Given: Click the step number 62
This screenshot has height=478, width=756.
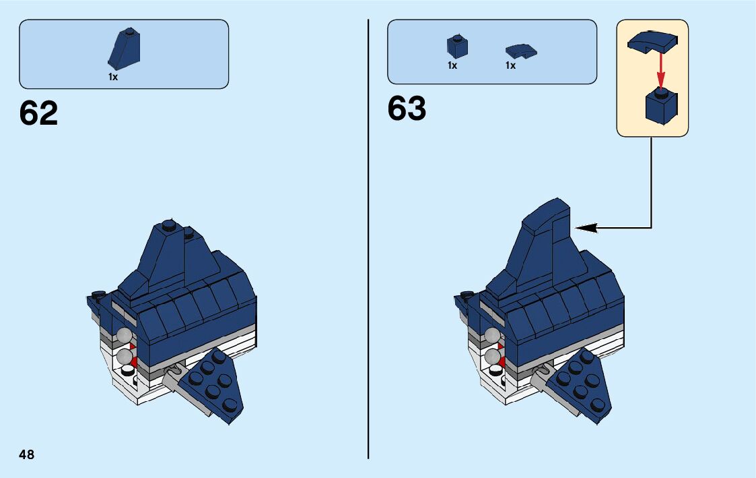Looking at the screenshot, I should coord(38,113).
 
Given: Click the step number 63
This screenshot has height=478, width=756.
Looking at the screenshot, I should coord(407,109).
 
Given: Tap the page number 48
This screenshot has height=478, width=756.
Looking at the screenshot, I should coord(27,454).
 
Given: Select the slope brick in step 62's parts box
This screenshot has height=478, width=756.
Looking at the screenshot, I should coord(124,49).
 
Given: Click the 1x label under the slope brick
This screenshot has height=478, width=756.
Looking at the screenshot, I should coord(113,77).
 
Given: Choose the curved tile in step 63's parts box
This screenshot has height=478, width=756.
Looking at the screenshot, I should coord(521,51).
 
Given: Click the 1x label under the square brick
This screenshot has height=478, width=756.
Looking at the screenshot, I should coord(452,65).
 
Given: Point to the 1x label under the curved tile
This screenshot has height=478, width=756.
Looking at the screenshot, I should coord(510,65).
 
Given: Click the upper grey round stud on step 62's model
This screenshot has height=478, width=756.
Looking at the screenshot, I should coord(124,335).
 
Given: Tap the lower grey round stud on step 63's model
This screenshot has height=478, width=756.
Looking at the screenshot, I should coord(492,355).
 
